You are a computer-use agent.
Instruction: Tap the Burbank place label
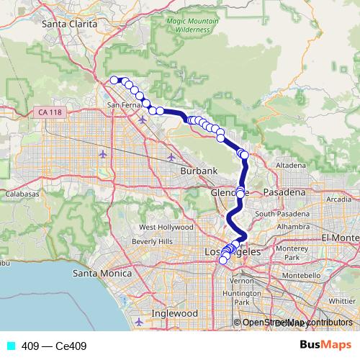(199, 171)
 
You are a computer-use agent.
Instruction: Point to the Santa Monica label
(102, 274)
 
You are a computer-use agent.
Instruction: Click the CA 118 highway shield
(49, 112)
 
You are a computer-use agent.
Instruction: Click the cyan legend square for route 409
(10, 346)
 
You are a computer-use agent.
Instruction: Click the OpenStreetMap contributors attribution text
(297, 323)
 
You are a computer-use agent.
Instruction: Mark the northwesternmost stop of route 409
(114, 80)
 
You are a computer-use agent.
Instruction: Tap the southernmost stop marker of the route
(222, 260)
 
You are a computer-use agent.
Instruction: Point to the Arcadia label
(338, 199)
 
